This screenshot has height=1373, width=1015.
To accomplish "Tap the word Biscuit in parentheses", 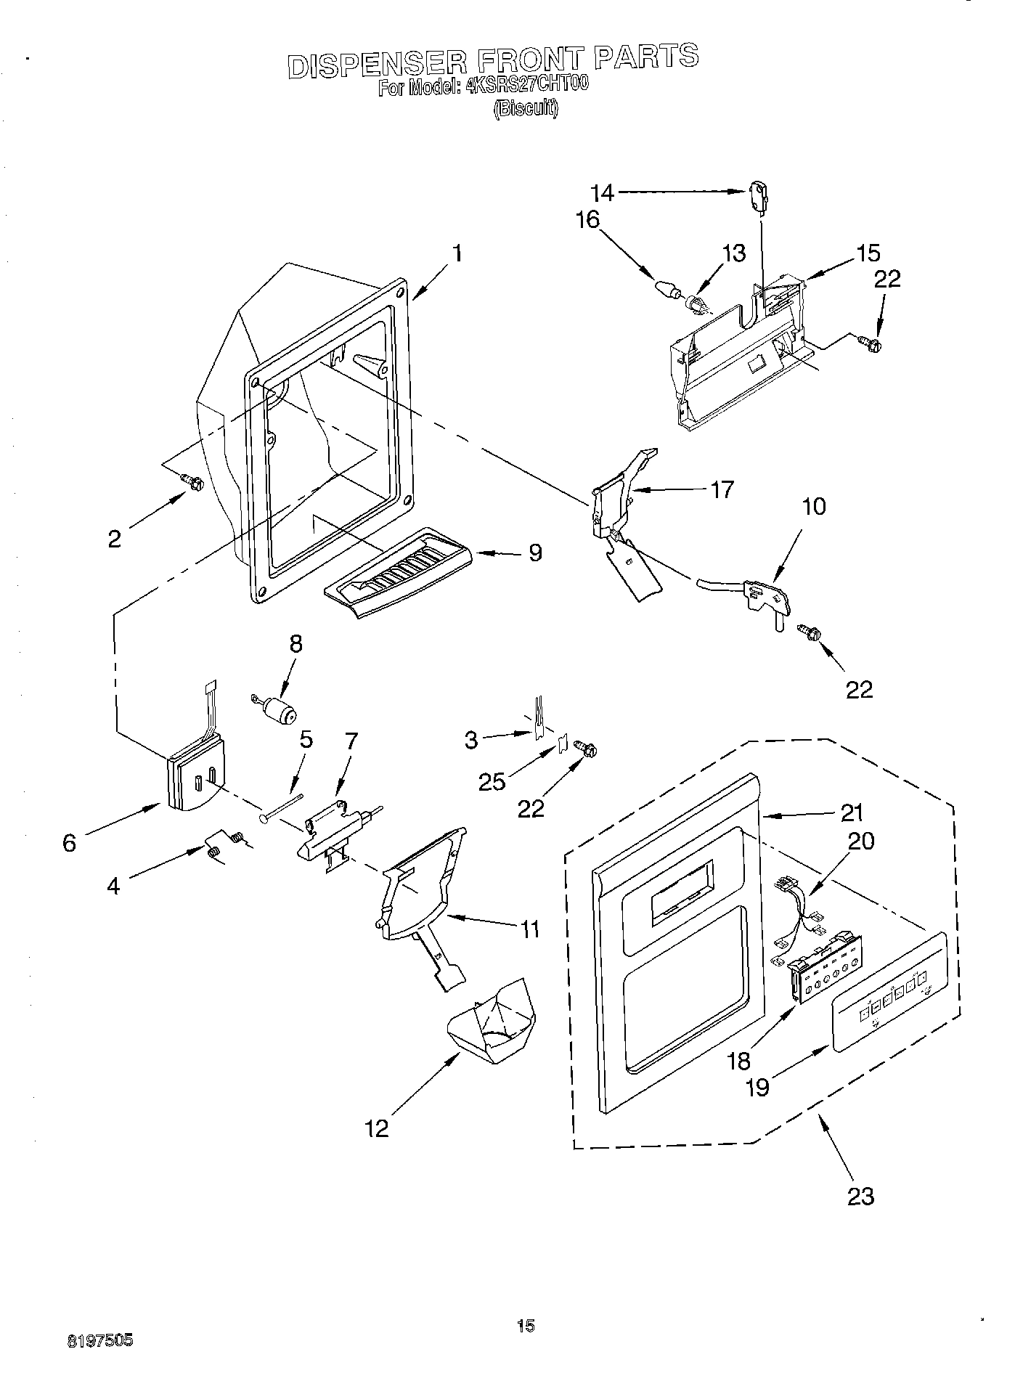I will [526, 108].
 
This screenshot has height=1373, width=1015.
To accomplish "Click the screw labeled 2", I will [192, 481].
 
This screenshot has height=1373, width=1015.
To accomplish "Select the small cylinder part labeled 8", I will [277, 711].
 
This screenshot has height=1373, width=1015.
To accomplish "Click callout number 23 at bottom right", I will [860, 1196].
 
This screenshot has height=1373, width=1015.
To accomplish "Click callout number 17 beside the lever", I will [722, 490].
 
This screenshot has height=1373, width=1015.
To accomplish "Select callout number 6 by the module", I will [70, 843].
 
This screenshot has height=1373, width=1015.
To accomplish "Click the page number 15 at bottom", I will [526, 1327].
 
